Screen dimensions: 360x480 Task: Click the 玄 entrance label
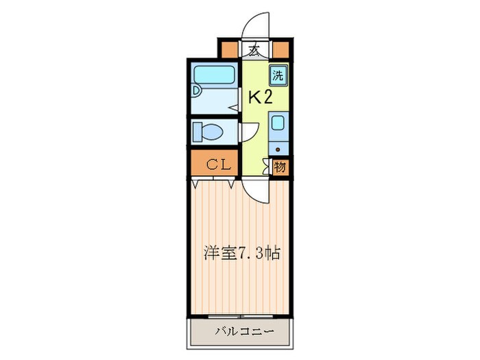point(254,49)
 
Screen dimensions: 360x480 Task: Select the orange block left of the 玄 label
point(228,49)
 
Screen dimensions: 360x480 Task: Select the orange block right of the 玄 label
point(280,49)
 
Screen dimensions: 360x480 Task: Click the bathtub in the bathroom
point(213,75)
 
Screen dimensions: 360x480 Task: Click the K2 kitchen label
point(260,97)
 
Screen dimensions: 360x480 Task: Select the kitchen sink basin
point(278,124)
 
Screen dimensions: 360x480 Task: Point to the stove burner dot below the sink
point(278,148)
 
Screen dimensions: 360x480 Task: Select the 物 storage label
point(280,166)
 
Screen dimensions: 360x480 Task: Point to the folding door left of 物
point(267,166)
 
